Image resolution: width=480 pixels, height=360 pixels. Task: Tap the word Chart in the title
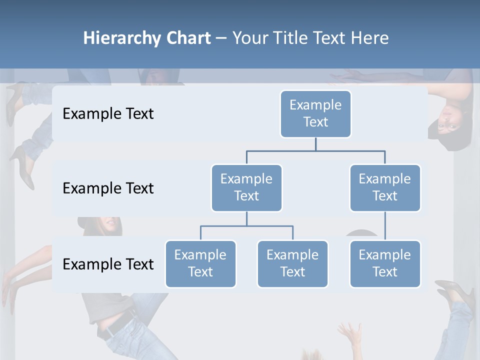point(186,38)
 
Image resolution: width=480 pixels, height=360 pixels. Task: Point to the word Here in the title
point(369,38)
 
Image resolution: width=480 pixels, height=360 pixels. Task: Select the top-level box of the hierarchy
point(315,113)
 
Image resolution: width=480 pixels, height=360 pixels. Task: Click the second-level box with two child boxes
point(246,187)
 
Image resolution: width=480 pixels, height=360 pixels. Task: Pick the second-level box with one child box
point(385,187)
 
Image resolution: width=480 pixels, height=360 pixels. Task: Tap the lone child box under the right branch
point(385,263)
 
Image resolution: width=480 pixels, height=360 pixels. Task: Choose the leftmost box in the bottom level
point(200,263)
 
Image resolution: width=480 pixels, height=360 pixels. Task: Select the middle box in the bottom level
point(292,263)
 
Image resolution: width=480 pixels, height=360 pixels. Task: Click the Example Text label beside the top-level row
point(108,114)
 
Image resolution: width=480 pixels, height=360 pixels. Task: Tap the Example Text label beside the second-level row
point(108,188)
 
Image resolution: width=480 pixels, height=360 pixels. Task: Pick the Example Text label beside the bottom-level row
point(108,264)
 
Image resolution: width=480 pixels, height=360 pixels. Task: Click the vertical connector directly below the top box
point(315,144)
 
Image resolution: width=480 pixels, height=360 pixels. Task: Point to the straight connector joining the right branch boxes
point(385,226)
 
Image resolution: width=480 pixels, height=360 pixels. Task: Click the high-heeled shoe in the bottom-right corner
point(456,292)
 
